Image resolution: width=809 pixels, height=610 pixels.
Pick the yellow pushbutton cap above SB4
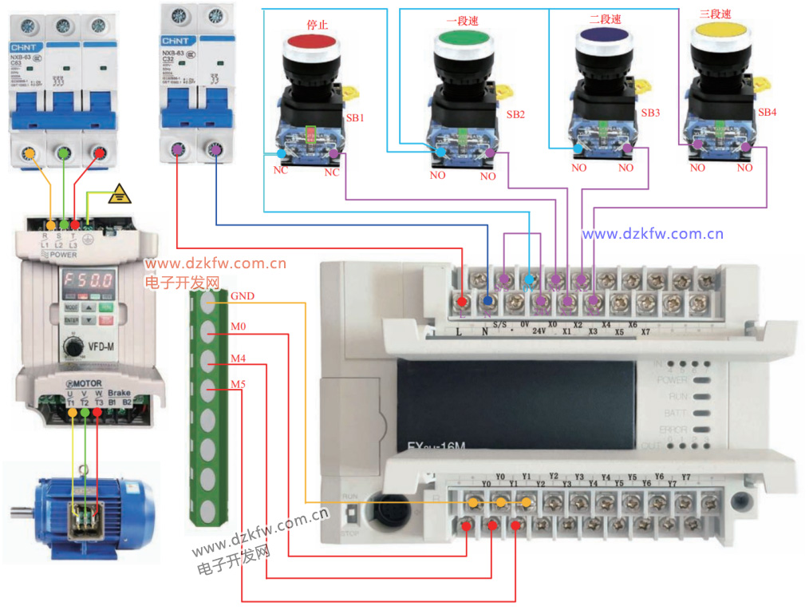click(x=720, y=31)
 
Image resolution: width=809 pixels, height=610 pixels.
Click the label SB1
click(x=355, y=117)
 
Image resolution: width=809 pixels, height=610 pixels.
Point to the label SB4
click(x=767, y=113)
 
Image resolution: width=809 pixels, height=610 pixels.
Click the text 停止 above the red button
click(x=318, y=25)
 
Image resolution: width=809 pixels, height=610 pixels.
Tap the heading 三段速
click(x=715, y=14)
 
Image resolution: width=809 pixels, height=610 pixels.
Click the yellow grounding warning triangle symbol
click(x=120, y=192)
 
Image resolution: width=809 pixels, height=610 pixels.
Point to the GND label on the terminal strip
click(x=242, y=296)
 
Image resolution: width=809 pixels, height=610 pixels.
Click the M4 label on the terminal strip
click(x=238, y=358)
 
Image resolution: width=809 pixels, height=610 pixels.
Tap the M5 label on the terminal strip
click(x=238, y=385)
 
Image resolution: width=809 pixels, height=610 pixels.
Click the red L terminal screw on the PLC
click(x=463, y=301)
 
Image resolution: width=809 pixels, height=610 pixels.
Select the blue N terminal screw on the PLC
click(x=488, y=301)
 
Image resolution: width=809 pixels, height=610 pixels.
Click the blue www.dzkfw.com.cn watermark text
click(x=652, y=234)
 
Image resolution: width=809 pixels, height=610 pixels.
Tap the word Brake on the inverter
click(x=119, y=394)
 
